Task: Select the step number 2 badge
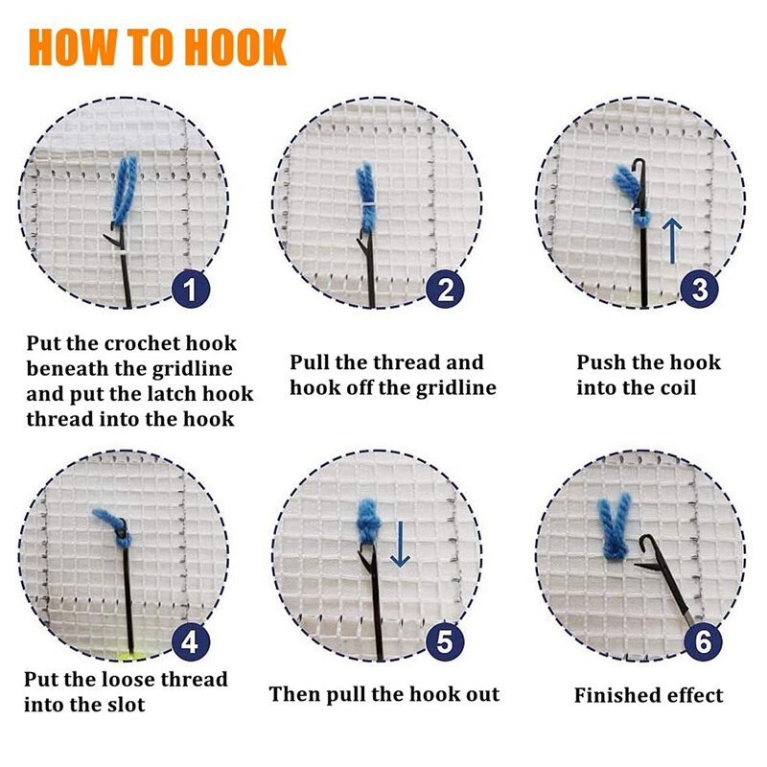[445, 289]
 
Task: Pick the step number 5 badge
[445, 641]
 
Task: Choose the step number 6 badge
[702, 641]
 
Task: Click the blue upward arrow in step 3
[673, 240]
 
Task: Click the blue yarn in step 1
[127, 187]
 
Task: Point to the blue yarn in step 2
[365, 192]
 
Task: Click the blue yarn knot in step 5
[369, 523]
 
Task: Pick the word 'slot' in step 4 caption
[125, 705]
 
